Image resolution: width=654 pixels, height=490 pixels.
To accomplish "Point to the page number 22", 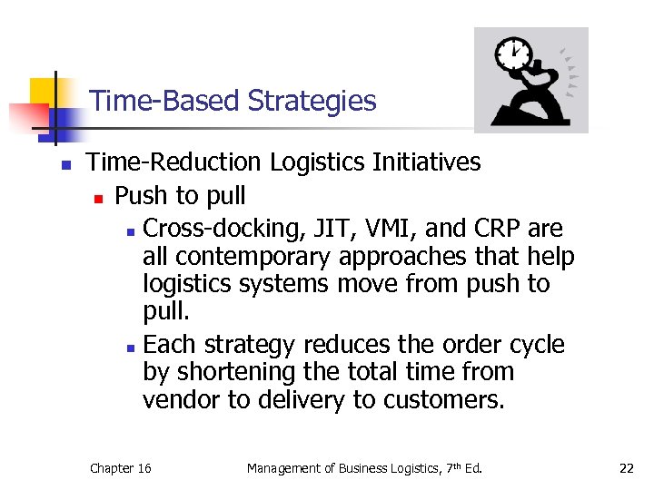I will point(626,468).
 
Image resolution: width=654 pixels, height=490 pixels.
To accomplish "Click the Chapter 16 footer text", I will point(120,468).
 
